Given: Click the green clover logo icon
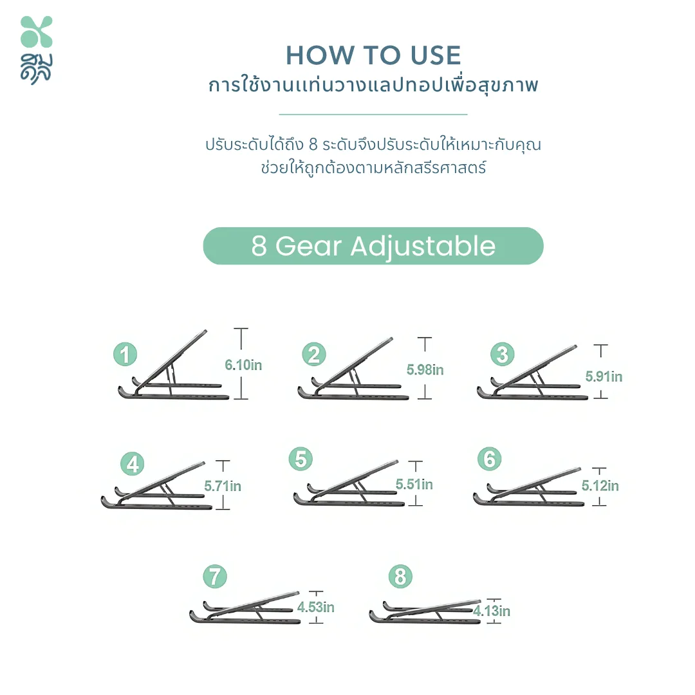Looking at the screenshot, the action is point(36,32).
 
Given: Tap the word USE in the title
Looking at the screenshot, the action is point(436,55).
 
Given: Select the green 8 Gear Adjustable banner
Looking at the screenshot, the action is point(373,246).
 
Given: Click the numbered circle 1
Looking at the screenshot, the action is point(125,354).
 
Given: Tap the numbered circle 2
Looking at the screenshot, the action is point(314,354).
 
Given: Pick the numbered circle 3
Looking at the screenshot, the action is point(502,354).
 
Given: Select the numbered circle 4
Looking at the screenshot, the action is point(133,464).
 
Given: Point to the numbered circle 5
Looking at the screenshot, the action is point(301,459).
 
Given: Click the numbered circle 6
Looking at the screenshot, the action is point(489,459).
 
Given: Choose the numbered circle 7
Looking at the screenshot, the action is point(215,577).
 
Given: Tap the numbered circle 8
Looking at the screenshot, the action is point(400,577).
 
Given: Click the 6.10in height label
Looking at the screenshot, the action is point(243,365).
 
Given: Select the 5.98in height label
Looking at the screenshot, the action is point(425,369).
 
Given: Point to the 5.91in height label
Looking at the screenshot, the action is point(604,376).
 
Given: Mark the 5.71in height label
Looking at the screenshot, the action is point(223,486).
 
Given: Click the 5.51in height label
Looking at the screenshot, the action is point(414,484).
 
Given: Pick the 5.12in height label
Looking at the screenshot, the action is point(600,485).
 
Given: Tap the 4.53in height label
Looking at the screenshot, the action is point(315,607).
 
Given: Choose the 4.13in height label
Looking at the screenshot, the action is point(492,611).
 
